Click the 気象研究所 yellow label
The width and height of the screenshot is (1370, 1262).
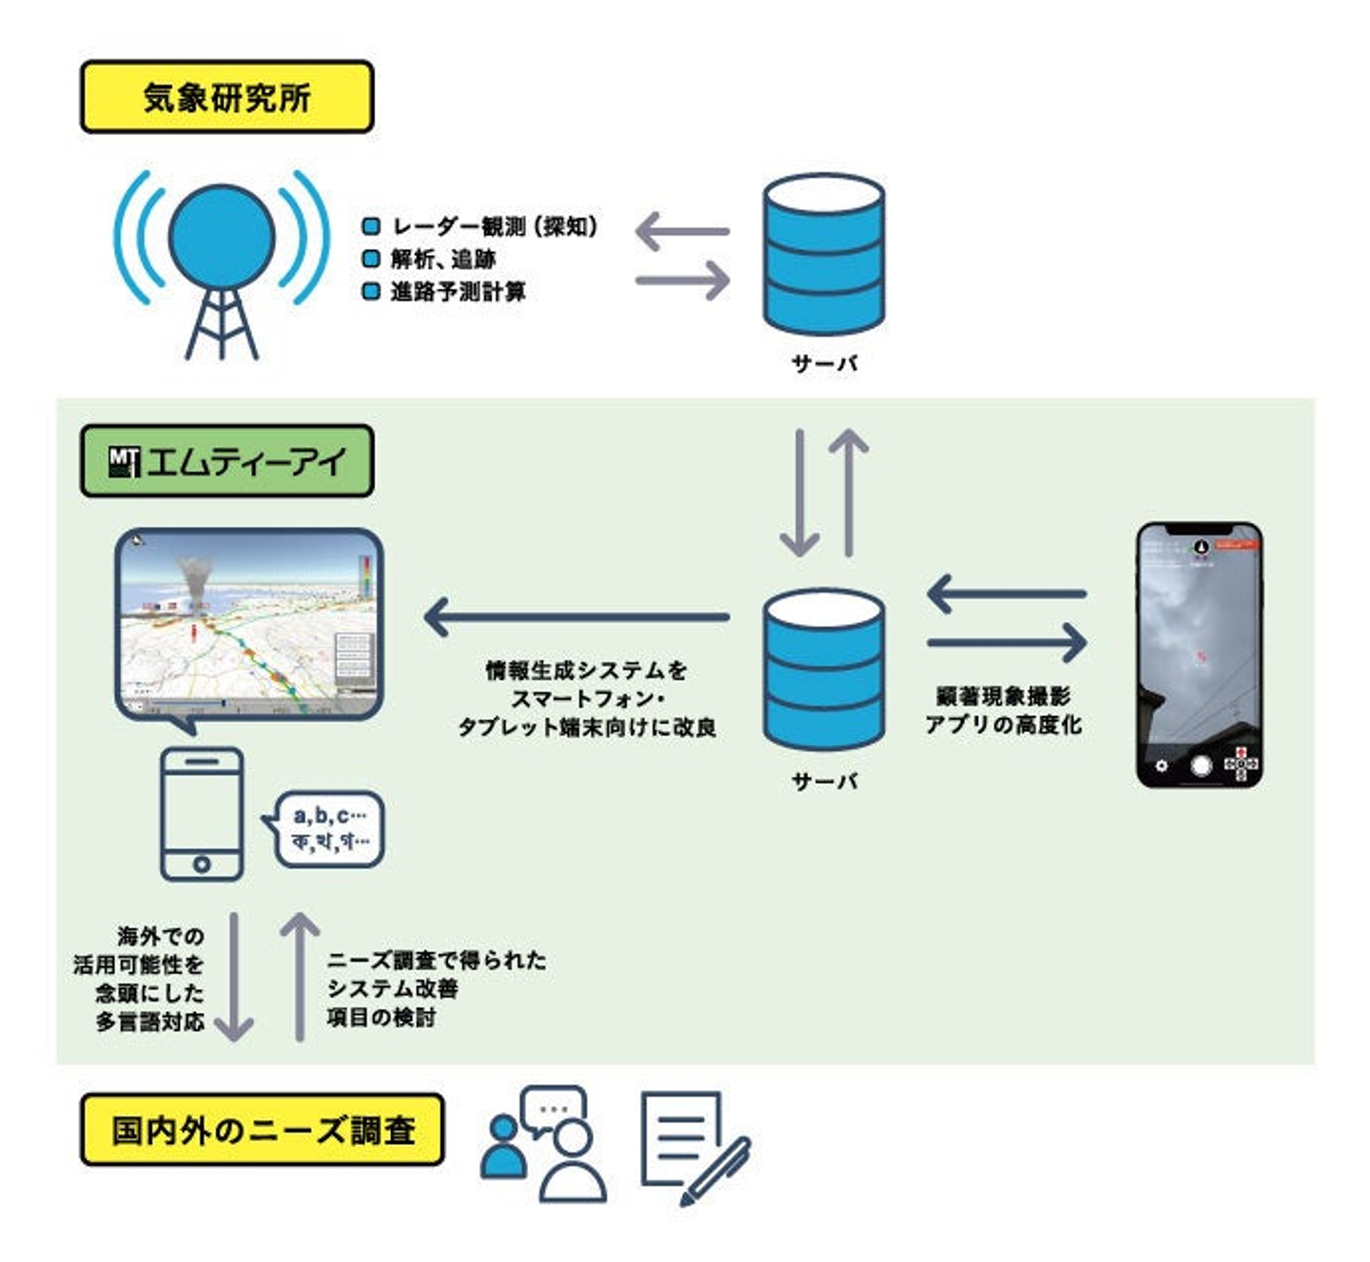click(x=226, y=97)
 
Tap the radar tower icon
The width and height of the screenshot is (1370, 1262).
click(x=222, y=262)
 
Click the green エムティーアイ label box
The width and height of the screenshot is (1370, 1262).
click(x=226, y=461)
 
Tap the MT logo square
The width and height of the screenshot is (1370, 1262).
click(x=125, y=462)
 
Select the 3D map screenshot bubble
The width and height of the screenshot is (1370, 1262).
click(x=249, y=628)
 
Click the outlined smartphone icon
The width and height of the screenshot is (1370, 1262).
click(x=202, y=814)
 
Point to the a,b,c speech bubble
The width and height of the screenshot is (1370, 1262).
click(x=329, y=828)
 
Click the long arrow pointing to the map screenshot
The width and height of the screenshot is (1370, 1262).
click(x=577, y=617)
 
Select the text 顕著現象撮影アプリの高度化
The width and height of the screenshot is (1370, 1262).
click(x=1004, y=710)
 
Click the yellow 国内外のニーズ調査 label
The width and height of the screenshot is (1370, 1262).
click(x=263, y=1130)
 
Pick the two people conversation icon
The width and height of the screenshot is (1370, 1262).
click(x=543, y=1144)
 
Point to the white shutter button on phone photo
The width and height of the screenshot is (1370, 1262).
click(x=1202, y=766)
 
